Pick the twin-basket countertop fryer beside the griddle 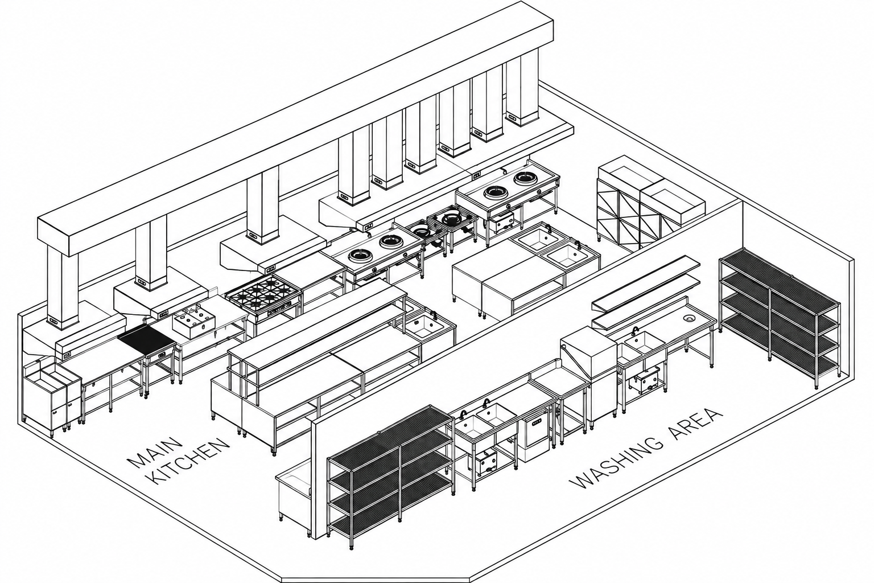click(195, 324)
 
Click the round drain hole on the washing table click(690, 318)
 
